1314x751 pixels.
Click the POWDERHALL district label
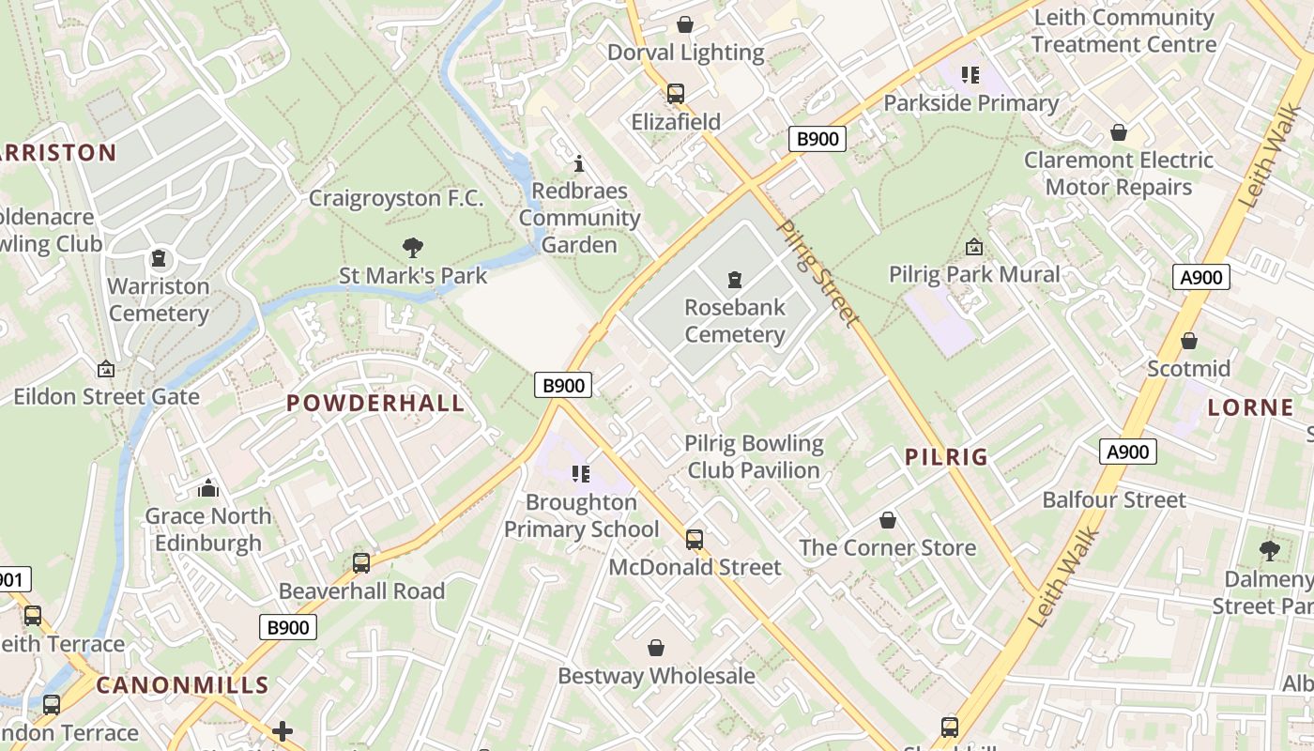point(375,404)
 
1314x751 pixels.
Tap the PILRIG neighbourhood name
point(946,457)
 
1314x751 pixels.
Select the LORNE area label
point(1250,407)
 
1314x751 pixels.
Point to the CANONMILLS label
point(183,685)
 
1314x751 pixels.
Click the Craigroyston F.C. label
point(396,198)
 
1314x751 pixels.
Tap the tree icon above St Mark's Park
point(412,248)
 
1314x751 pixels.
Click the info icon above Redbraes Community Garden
point(579,164)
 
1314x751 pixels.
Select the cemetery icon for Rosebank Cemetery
point(734,279)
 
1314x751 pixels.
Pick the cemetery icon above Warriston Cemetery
point(159,258)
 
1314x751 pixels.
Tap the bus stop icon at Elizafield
point(676,94)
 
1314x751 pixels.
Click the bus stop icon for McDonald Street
point(695,540)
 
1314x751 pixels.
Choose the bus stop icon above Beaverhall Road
point(361,563)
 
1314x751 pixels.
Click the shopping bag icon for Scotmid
point(1189,341)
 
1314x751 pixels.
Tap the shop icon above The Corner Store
point(888,520)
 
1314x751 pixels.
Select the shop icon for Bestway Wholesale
point(656,648)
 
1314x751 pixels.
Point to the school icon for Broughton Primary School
point(581,474)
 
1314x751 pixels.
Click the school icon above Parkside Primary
point(970,74)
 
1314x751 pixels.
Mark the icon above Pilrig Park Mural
point(974,247)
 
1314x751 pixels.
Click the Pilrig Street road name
point(818,273)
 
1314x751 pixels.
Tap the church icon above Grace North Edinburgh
point(208,488)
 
